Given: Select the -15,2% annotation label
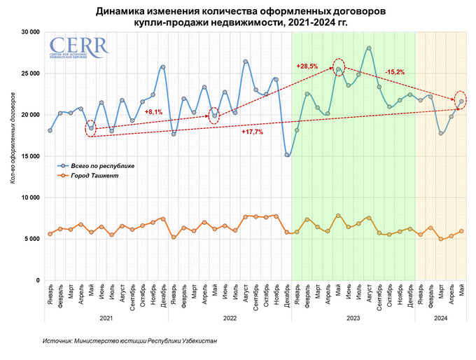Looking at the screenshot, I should pos(395,72).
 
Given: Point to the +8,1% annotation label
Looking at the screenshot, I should pos(153,112).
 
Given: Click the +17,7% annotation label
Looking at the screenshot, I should pos(252,132).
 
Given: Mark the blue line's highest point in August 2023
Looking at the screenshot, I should pos(369,48).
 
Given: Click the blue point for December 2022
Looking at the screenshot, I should pos(287,155).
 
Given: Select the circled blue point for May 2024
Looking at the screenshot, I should pos(461,101).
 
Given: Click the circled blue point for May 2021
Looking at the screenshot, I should pos(91,128).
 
